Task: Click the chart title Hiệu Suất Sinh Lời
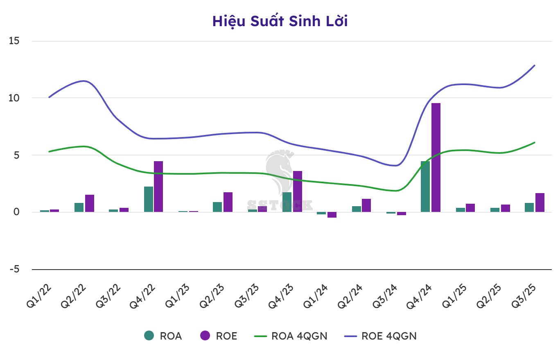point(280,21)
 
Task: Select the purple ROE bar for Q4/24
point(436,157)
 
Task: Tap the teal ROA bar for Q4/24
point(425,187)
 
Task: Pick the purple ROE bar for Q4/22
point(158,187)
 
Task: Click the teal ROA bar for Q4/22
point(149,199)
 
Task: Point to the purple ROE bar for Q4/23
point(298,191)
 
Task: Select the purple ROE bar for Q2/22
point(90,203)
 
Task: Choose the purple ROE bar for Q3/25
point(540,202)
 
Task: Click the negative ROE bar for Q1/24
point(332,215)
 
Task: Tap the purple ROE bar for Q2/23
point(228,202)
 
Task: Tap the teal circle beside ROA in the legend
point(149,336)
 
